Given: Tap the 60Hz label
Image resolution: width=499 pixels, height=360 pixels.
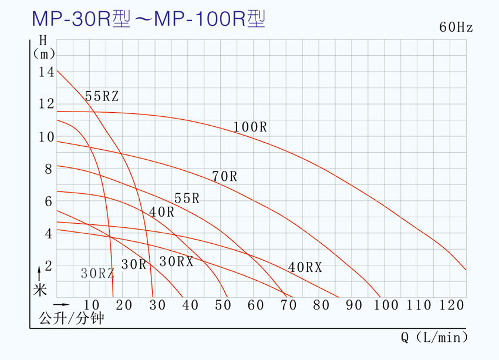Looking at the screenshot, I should pos(456,28).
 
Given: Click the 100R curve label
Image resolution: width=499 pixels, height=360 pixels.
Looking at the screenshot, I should pos(250,127).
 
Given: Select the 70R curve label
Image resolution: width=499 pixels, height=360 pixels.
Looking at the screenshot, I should pos(224,176).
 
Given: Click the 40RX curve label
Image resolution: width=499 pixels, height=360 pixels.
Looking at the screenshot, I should pos(305,267).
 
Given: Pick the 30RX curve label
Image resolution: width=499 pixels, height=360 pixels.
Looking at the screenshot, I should pos(176,262).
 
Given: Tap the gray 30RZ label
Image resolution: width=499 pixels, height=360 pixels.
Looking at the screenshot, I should pos(97,272).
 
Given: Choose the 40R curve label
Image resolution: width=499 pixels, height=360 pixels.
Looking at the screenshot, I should pos(161,213).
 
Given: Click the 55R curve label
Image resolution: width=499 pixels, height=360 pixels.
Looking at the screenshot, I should pos(187,198).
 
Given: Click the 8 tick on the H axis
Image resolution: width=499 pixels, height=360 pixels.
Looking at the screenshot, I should pos(48,169).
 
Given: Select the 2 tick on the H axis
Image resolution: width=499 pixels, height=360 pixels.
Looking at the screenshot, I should pos(48,265).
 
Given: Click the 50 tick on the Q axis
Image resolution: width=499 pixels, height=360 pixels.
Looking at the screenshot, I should pos(222,305).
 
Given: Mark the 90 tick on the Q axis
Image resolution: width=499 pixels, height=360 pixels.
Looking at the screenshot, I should pos(353,305).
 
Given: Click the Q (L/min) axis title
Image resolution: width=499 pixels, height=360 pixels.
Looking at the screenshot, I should pos(434,338).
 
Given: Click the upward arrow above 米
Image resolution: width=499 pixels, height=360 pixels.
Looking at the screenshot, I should pos(39,272).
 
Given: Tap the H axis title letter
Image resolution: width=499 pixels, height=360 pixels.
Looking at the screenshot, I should pos(43,41).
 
